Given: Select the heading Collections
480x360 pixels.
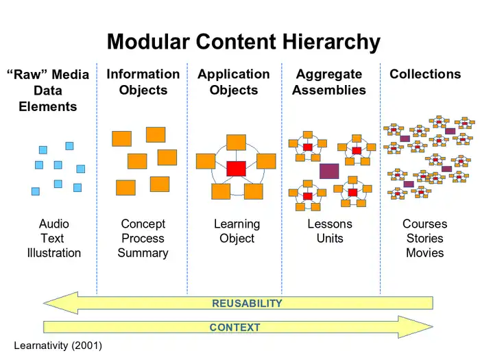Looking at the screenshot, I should (x=425, y=74).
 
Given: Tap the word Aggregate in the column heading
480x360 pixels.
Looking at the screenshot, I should (x=329, y=74).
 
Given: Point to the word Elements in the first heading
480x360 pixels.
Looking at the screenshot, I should (x=48, y=106).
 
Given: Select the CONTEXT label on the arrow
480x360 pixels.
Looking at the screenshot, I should (x=235, y=328).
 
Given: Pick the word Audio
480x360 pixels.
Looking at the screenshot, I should (x=54, y=224).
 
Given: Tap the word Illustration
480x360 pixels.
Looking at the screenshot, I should (x=54, y=253).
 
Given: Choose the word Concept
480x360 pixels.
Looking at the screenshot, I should (x=143, y=224).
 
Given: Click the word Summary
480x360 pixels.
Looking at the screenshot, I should (x=143, y=253).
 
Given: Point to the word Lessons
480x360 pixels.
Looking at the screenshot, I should (x=330, y=224).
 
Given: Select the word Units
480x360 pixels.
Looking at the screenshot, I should (x=330, y=239).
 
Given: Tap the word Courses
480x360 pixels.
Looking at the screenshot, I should (x=424, y=224).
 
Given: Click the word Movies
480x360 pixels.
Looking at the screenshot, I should (x=424, y=253).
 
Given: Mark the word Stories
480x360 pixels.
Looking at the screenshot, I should (x=424, y=239).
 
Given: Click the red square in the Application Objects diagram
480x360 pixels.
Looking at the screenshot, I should (x=237, y=168).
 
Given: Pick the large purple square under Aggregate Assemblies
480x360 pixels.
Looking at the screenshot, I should (x=329, y=171).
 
